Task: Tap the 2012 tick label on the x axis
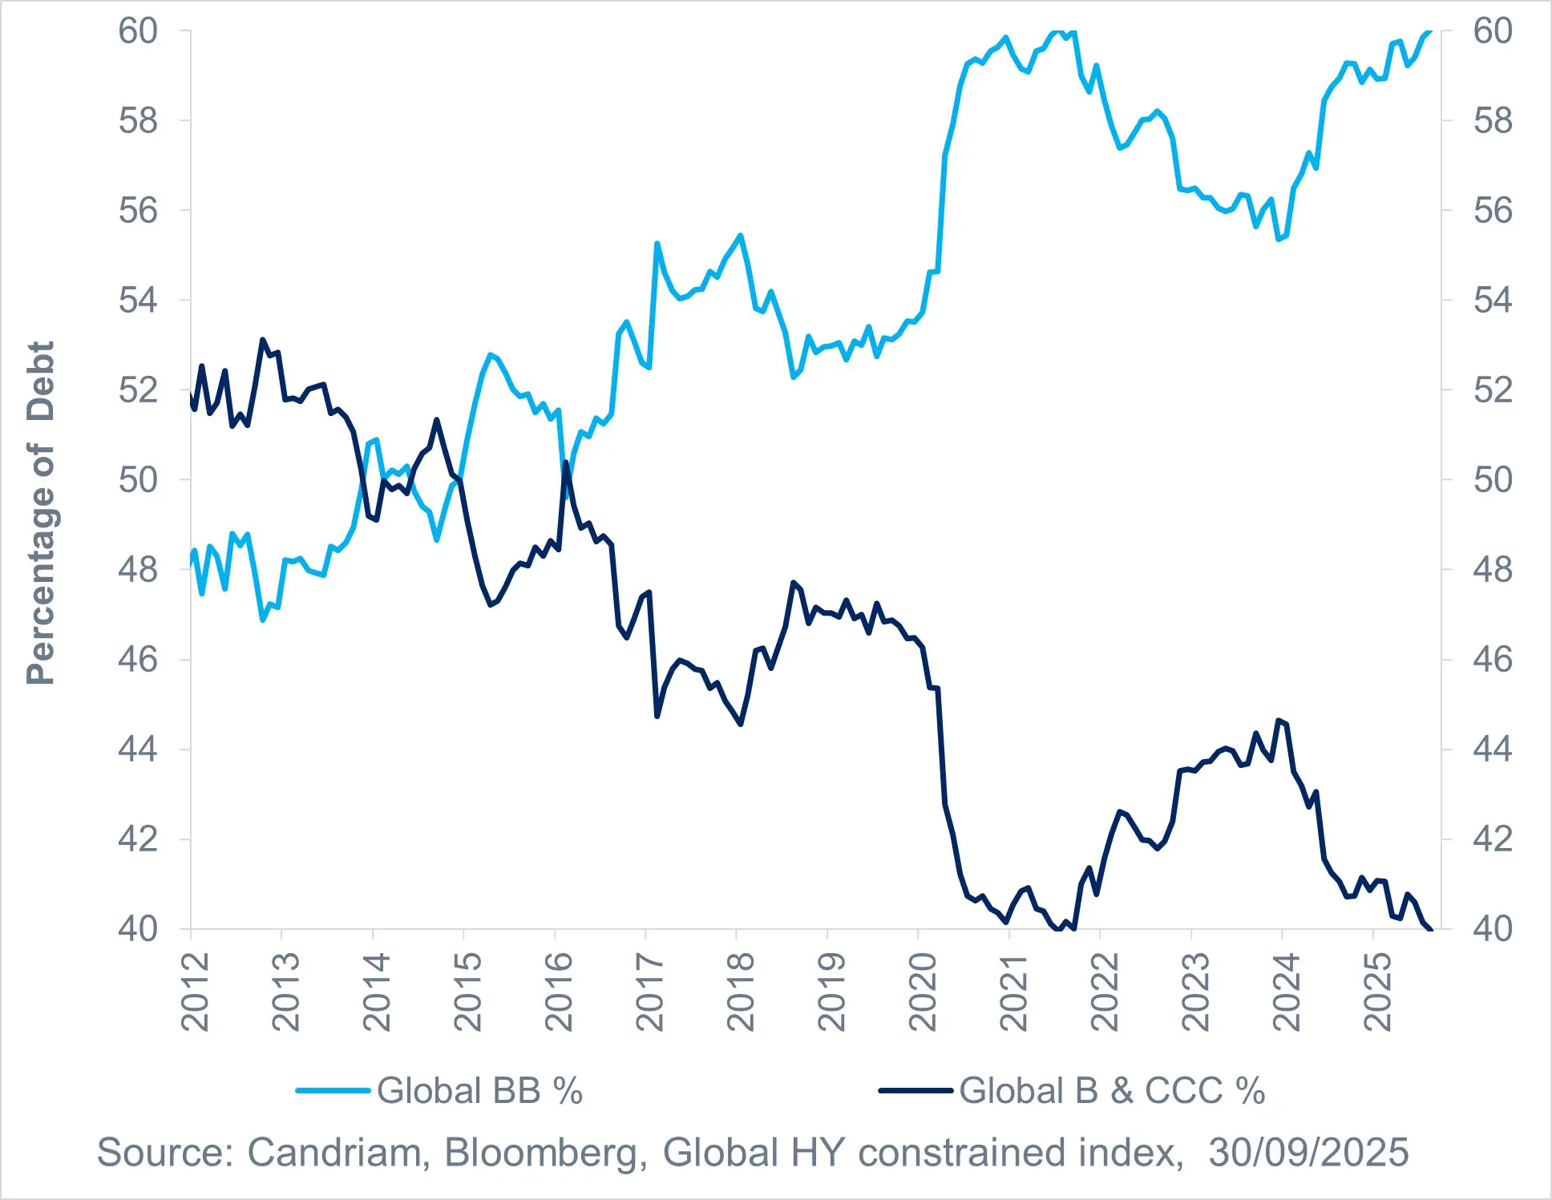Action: click(195, 992)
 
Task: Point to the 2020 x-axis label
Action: click(922, 992)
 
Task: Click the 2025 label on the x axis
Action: click(1377, 992)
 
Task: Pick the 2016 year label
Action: click(559, 992)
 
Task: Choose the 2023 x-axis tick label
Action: click(1195, 992)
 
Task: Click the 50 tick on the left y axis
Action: click(138, 480)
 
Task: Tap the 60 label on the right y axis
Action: click(1493, 31)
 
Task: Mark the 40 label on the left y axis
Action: click(138, 929)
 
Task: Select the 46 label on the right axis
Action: click(1493, 660)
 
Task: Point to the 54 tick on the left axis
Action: click(138, 301)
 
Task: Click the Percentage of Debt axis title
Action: click(40, 513)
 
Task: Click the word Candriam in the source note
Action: click(334, 1153)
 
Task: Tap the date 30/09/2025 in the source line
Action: click(1308, 1153)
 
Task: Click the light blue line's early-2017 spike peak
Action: click(657, 243)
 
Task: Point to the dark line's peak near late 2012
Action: click(262, 340)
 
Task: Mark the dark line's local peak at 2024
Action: click(1278, 720)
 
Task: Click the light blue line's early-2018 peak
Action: click(740, 235)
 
